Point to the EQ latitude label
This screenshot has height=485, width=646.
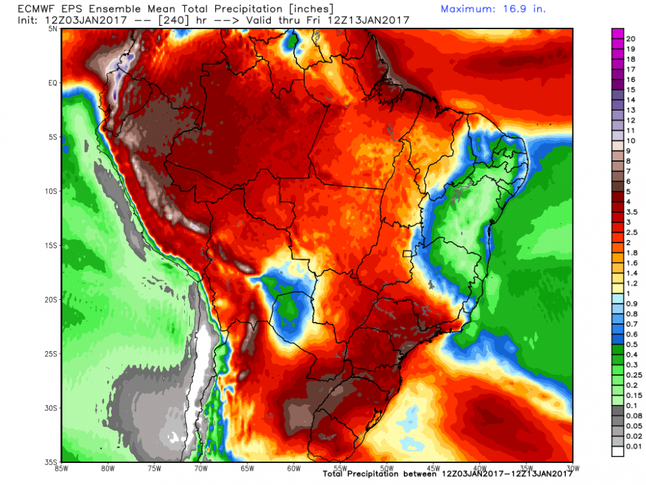(x=53, y=83)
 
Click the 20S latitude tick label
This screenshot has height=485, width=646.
(x=52, y=299)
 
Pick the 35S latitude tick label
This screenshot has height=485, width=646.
(x=52, y=462)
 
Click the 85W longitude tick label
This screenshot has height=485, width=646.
(x=63, y=468)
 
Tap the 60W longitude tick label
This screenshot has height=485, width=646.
(x=293, y=468)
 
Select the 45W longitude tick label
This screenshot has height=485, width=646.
(x=432, y=468)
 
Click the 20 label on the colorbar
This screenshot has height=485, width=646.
(x=630, y=39)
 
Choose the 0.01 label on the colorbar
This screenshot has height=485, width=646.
(x=634, y=446)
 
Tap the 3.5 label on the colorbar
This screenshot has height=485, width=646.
(x=632, y=211)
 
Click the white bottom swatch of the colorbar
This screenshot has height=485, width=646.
(x=618, y=451)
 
